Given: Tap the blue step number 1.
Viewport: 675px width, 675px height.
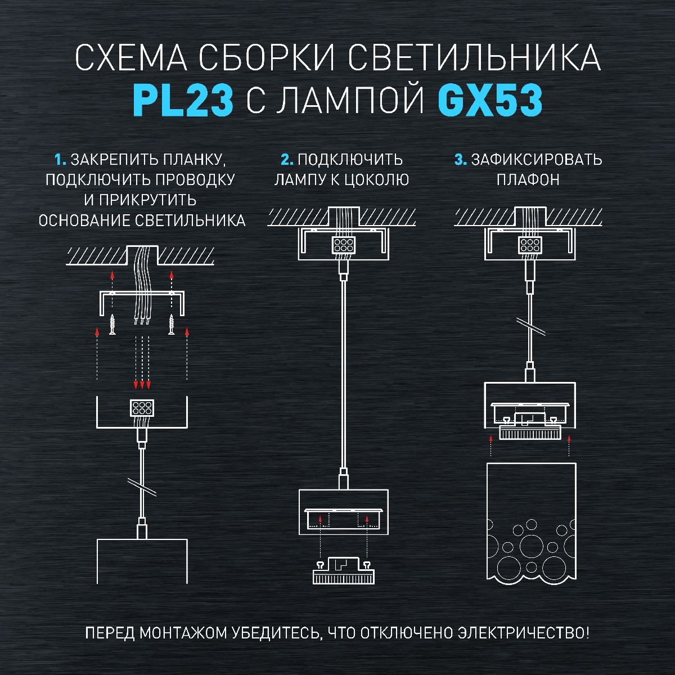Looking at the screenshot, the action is (60, 160).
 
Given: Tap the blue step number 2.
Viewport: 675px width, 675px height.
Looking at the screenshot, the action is (287, 160).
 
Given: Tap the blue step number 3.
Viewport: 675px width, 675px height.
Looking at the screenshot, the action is (461, 160).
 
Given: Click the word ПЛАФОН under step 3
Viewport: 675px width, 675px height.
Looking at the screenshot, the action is (528, 180).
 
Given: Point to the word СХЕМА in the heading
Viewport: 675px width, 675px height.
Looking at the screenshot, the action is (131, 57).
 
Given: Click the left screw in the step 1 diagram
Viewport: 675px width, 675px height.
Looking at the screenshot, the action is (112, 325).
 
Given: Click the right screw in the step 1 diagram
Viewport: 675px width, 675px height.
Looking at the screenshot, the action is (172, 325).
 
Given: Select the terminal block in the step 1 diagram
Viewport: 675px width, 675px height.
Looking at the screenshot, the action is (142, 408).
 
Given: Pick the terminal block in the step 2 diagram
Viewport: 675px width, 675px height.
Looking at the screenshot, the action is (343, 245).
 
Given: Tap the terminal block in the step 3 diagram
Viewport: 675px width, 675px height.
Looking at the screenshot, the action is (530, 245).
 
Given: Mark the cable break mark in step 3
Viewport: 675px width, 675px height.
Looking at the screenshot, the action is (530, 326).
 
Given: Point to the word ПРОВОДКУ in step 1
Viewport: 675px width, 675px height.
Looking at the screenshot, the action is (195, 179).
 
